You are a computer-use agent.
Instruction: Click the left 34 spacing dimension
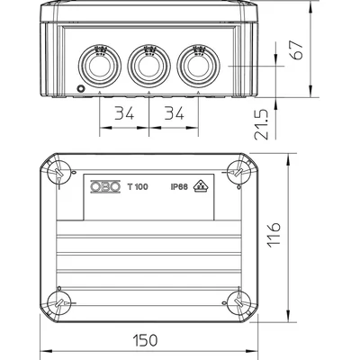coord(124,114)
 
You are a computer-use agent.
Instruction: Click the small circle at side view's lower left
coord(80,89)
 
